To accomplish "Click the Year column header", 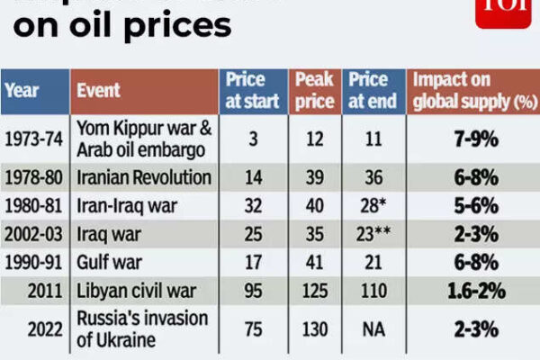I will coord(22,91).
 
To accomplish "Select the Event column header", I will coord(100,91).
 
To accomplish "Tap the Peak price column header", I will coord(314,90).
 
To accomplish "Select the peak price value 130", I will coord(314,329).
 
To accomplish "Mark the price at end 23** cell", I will coord(372,234).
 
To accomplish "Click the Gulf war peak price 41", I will coord(314,262).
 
